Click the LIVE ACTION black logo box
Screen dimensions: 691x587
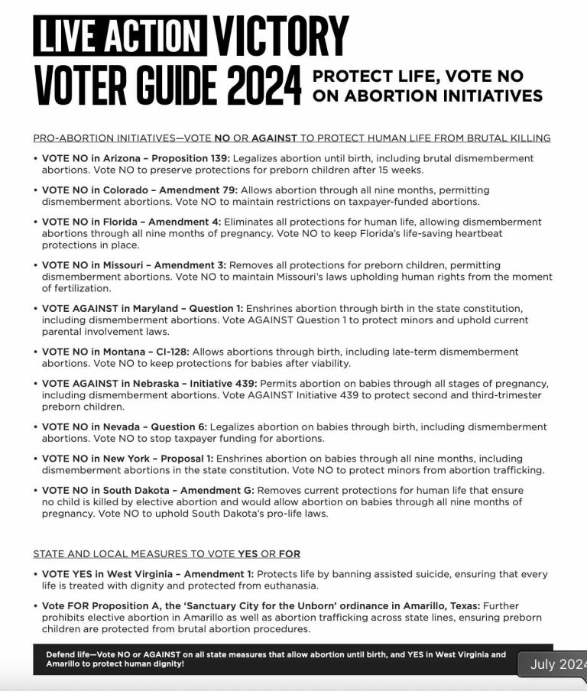click(120, 36)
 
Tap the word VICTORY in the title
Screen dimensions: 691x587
click(281, 36)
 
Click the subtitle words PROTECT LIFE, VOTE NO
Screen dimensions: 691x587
click(418, 76)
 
